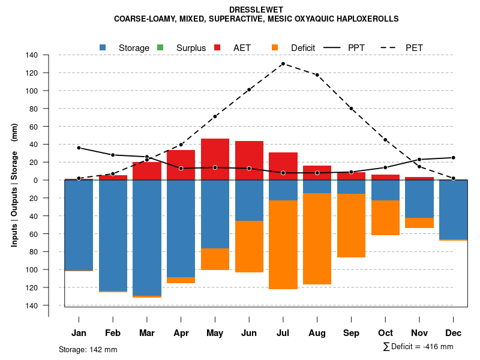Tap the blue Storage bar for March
pyautogui.click(x=147, y=237)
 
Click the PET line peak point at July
pyautogui.click(x=283, y=64)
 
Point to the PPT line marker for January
pyautogui.click(x=79, y=148)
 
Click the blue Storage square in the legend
pyautogui.click(x=103, y=47)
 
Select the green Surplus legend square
pyautogui.click(x=160, y=47)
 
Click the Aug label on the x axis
pyautogui.click(x=317, y=333)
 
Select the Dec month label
pyautogui.click(x=453, y=333)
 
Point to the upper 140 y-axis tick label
pyautogui.click(x=32, y=55)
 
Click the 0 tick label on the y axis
pyautogui.click(x=36, y=180)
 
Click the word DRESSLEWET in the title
pyautogui.click(x=256, y=10)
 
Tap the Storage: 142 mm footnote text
pyautogui.click(x=88, y=349)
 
